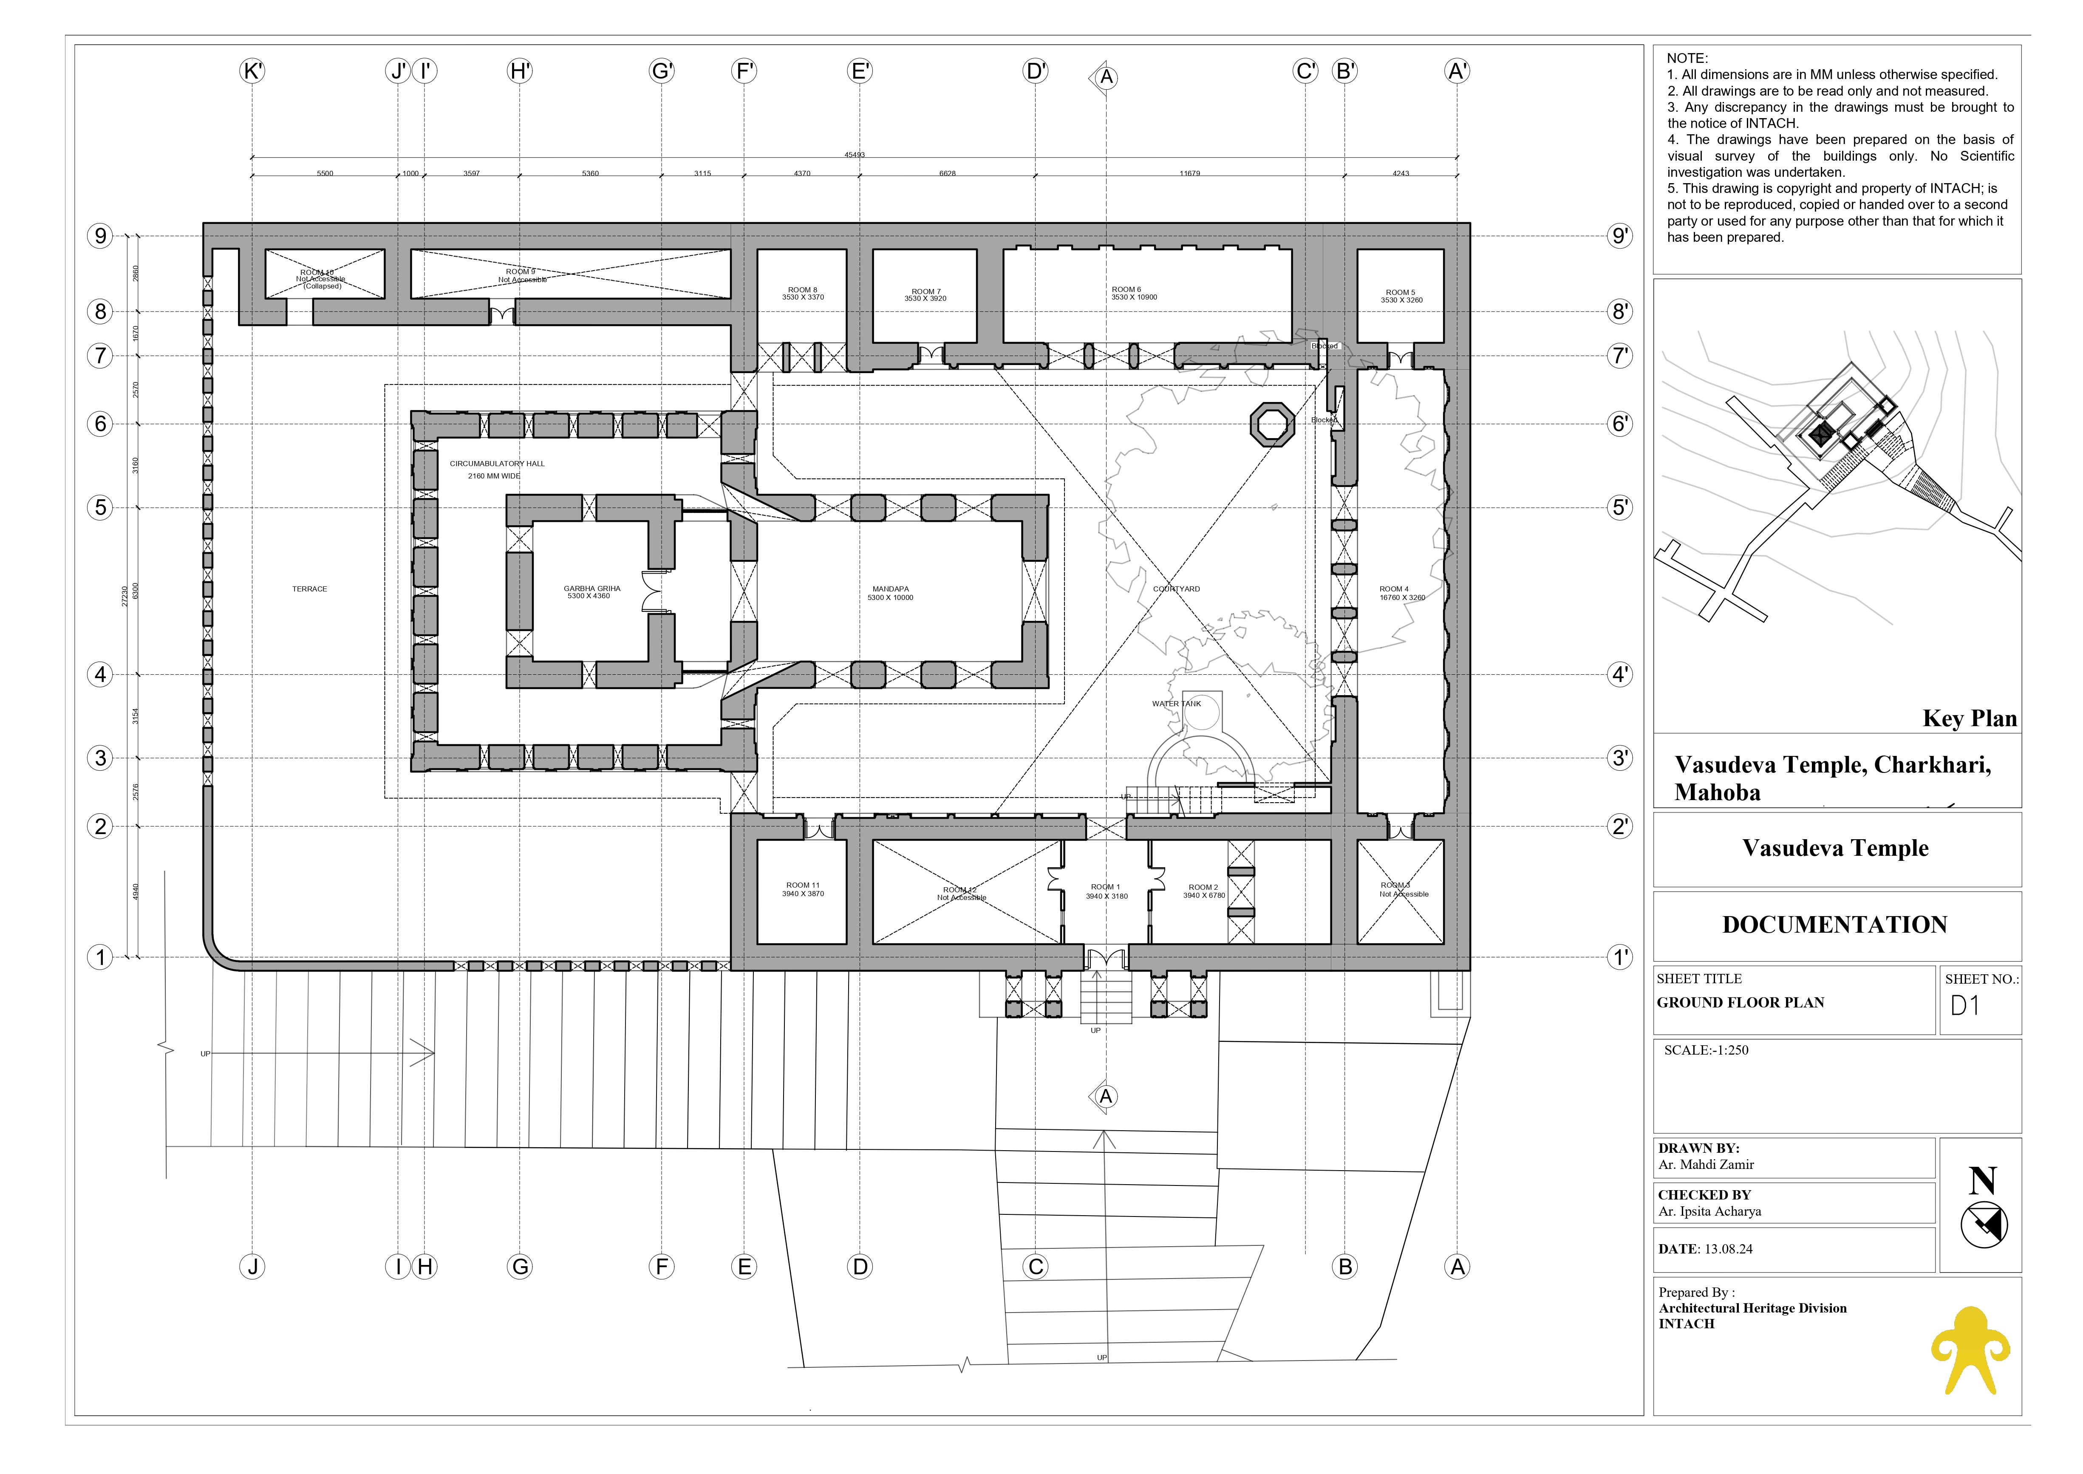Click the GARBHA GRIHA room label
click(x=592, y=592)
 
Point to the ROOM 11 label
click(x=802, y=888)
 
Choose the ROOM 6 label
click(x=1134, y=293)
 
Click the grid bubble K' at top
click(x=252, y=71)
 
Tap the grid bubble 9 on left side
click(x=100, y=236)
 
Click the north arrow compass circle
click(x=1983, y=1225)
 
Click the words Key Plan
click(x=1969, y=719)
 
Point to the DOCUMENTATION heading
click(x=1834, y=925)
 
